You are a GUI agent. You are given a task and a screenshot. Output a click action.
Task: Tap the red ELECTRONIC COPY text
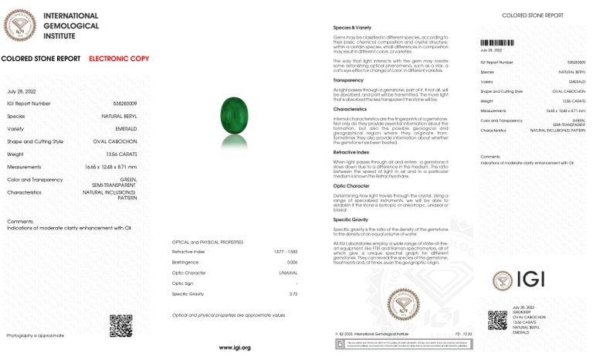pyautogui.click(x=119, y=59)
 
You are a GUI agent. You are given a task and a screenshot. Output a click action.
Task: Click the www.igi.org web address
pyautogui.click(x=235, y=348)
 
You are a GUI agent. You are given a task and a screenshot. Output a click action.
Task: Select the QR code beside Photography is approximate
pyautogui.click(x=121, y=326)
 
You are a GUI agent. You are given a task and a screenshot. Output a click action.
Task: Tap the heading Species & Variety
pyautogui.click(x=351, y=28)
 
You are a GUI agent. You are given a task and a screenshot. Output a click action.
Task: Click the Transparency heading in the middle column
pyautogui.click(x=348, y=80)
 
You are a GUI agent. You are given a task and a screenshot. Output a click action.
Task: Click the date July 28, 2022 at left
pyautogui.click(x=23, y=90)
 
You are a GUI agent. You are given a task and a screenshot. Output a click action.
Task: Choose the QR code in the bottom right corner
pyautogui.click(x=497, y=320)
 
